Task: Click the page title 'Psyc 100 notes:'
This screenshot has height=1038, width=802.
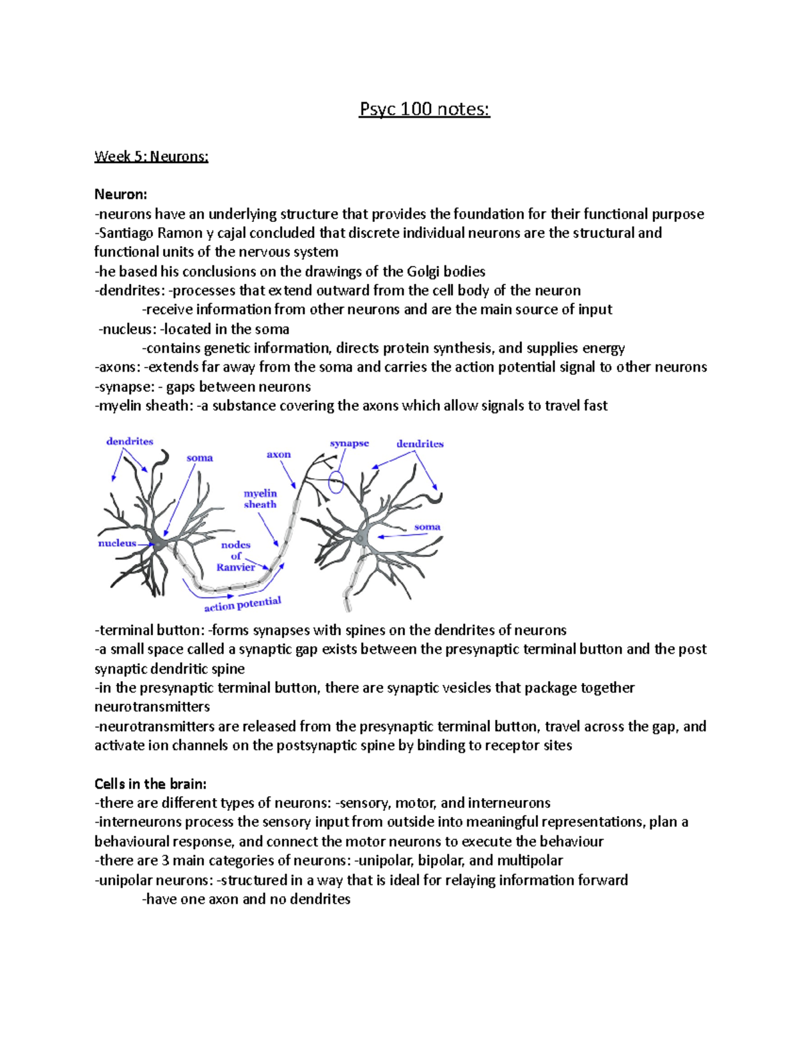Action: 424,109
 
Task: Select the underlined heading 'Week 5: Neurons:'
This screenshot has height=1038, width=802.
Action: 151,156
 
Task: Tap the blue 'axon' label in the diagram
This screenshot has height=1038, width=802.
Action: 279,455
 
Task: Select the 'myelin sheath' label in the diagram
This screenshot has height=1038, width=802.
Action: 260,499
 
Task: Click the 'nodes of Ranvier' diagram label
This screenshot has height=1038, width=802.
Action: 236,556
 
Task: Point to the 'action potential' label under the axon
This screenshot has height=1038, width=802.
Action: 243,604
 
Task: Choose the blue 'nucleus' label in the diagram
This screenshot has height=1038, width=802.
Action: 117,543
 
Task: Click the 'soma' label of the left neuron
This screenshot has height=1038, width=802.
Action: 199,458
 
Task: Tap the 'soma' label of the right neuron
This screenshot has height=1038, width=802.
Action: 427,527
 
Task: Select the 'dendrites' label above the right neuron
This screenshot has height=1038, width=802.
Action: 420,444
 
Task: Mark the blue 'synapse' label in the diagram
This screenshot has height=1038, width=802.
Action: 349,443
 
